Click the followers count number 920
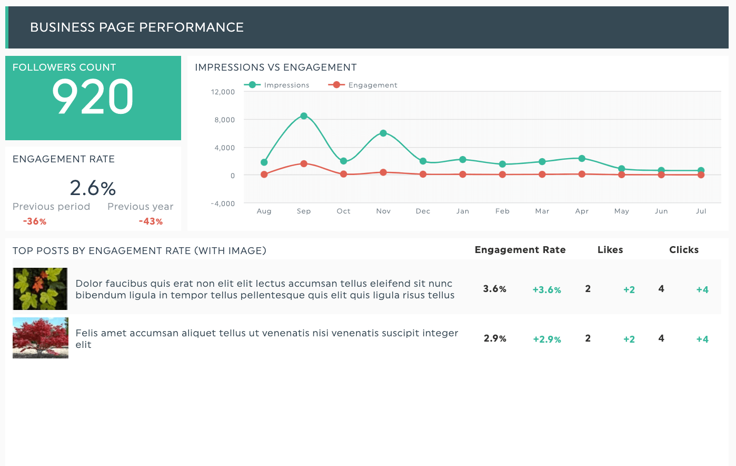point(93,97)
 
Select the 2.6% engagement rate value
point(93,188)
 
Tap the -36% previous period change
point(35,222)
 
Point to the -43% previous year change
point(151,222)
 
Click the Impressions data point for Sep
point(304,116)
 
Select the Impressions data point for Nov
point(383,133)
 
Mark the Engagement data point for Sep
point(304,164)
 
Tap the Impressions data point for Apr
point(582,159)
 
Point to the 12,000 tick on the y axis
point(223,92)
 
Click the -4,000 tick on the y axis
point(223,204)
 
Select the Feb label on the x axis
point(502,211)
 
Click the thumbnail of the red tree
point(41,338)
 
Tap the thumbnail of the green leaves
point(40,289)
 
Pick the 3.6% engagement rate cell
point(495,289)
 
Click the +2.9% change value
point(547,339)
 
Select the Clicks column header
point(684,250)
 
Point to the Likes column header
point(610,250)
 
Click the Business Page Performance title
point(137,27)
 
